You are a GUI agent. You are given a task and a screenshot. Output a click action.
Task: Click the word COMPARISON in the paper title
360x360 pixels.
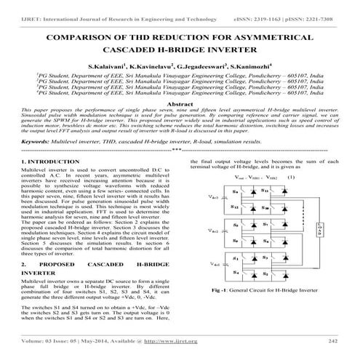point(80,36)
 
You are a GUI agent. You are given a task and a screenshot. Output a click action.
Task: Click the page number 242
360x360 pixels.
point(333,340)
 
